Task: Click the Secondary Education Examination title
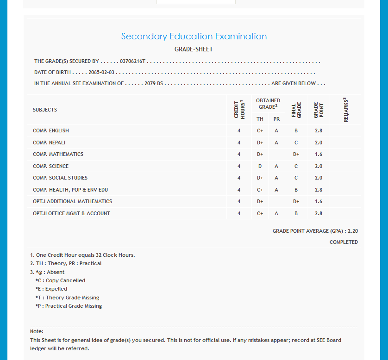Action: pyautogui.click(x=194, y=37)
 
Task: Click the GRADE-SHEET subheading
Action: pyautogui.click(x=194, y=49)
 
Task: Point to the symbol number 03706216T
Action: pyautogui.click(x=132, y=61)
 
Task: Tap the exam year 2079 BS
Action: pyautogui.click(x=154, y=84)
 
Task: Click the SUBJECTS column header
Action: pyautogui.click(x=45, y=110)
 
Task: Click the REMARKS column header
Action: pyautogui.click(x=345, y=110)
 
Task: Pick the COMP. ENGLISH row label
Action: pyautogui.click(x=51, y=130)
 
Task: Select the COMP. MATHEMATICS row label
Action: pyautogui.click(x=58, y=154)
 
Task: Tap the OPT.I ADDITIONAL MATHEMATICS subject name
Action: pyautogui.click(x=72, y=201)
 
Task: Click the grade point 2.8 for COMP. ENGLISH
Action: pyautogui.click(x=318, y=130)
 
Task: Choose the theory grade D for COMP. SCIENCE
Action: pyautogui.click(x=260, y=166)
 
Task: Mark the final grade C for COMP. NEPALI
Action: pyautogui.click(x=296, y=143)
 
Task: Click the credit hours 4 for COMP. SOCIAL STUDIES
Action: pyautogui.click(x=239, y=178)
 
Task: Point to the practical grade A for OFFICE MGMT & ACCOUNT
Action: pyautogui.click(x=276, y=213)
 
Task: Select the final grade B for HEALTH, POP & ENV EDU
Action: pyautogui.click(x=296, y=190)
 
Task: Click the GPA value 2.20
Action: pyautogui.click(x=353, y=230)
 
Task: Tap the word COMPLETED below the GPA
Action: pyautogui.click(x=344, y=242)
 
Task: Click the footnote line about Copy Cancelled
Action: pyautogui.click(x=61, y=280)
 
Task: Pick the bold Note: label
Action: pyautogui.click(x=37, y=331)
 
